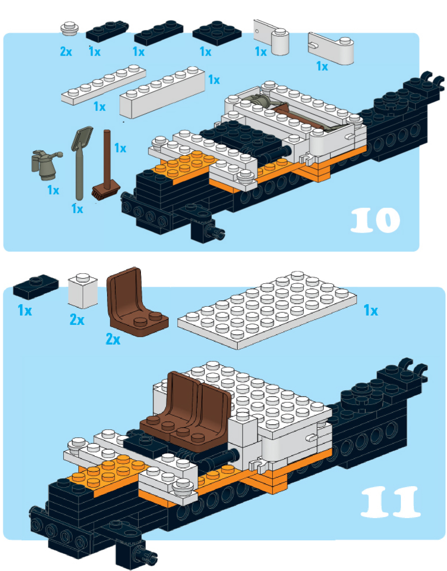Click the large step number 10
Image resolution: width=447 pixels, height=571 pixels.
coord(375,220)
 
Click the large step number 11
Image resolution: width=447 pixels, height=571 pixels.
coord(390,502)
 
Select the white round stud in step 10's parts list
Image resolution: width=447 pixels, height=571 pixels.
coord(69,28)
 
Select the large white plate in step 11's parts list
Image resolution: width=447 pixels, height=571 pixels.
coord(267,310)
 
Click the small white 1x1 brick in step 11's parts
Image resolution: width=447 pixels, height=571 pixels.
coord(83,291)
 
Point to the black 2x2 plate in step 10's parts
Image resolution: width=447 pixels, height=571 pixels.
coord(217,33)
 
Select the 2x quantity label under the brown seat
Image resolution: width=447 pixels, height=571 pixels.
coord(113,339)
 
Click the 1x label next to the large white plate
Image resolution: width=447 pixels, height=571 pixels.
coord(371,310)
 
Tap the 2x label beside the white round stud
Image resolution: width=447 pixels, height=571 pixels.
coord(66,51)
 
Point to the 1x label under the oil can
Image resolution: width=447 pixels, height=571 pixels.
coord(53,190)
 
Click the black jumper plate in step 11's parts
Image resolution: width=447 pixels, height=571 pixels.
coord(36,286)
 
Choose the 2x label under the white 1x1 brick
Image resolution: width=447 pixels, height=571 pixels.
coord(77,320)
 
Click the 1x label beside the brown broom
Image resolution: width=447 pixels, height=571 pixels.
coord(120,148)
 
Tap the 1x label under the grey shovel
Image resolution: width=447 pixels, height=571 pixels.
coord(77,209)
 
